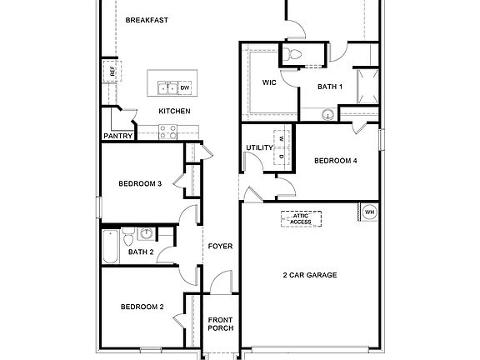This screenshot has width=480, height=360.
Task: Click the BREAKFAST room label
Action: [146, 20]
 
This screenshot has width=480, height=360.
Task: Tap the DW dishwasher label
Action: [185, 87]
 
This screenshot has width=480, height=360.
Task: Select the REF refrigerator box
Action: [111, 72]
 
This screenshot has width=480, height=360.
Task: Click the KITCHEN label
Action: [175, 111]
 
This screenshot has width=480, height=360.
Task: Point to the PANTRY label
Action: [118, 136]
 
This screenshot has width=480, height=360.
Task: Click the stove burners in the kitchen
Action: [167, 130]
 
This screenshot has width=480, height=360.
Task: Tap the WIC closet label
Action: [269, 82]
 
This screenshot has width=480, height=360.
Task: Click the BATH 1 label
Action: [331, 86]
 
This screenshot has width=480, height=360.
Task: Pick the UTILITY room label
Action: [259, 147]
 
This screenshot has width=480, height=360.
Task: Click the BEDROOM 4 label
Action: [335, 161]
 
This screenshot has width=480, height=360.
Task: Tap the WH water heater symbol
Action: [369, 212]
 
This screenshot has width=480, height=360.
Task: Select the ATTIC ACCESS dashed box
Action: [301, 218]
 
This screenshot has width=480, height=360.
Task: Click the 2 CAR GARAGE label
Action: [309, 274]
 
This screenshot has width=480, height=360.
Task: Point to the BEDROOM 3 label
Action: [139, 183]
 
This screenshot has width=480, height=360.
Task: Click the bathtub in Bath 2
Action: [111, 246]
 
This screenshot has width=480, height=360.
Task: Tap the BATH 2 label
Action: [141, 252]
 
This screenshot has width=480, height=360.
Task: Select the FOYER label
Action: [220, 246]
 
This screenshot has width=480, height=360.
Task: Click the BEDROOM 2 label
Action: [142, 307]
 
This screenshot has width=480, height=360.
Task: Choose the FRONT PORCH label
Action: [220, 323]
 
